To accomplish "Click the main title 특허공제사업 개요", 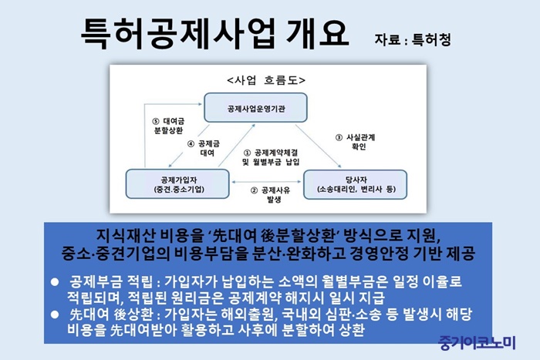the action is coord(215,33).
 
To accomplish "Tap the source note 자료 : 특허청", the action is coord(413,39).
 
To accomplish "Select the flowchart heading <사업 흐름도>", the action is coord(266,80).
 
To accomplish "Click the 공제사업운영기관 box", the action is coord(255,107).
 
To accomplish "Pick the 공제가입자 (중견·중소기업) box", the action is coord(177,183).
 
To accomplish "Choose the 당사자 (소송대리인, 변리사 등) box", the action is coord(355,184).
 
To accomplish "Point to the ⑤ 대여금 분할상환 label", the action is coord(168,126).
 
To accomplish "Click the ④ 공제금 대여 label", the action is coord(204,148).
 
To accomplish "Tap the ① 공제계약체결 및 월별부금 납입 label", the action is coord(271,157).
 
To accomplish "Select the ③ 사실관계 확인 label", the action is coord(355,142).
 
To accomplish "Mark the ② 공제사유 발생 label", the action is coord(271,195).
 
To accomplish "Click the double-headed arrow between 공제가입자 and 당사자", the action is coord(266,182).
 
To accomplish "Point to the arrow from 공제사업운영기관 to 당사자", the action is coord(318,146).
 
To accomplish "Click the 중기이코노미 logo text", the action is coord(477,342).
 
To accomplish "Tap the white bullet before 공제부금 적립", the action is coord(55,282).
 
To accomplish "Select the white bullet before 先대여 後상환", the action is coord(55,315).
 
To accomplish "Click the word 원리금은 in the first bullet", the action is coord(197,297).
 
